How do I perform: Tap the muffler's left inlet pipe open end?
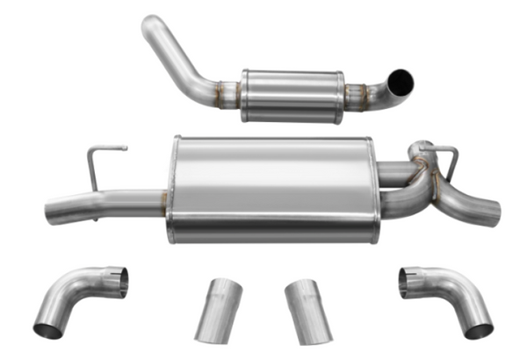(50, 214)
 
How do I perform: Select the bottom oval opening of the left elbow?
(47, 329)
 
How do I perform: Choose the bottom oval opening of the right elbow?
(479, 329)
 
